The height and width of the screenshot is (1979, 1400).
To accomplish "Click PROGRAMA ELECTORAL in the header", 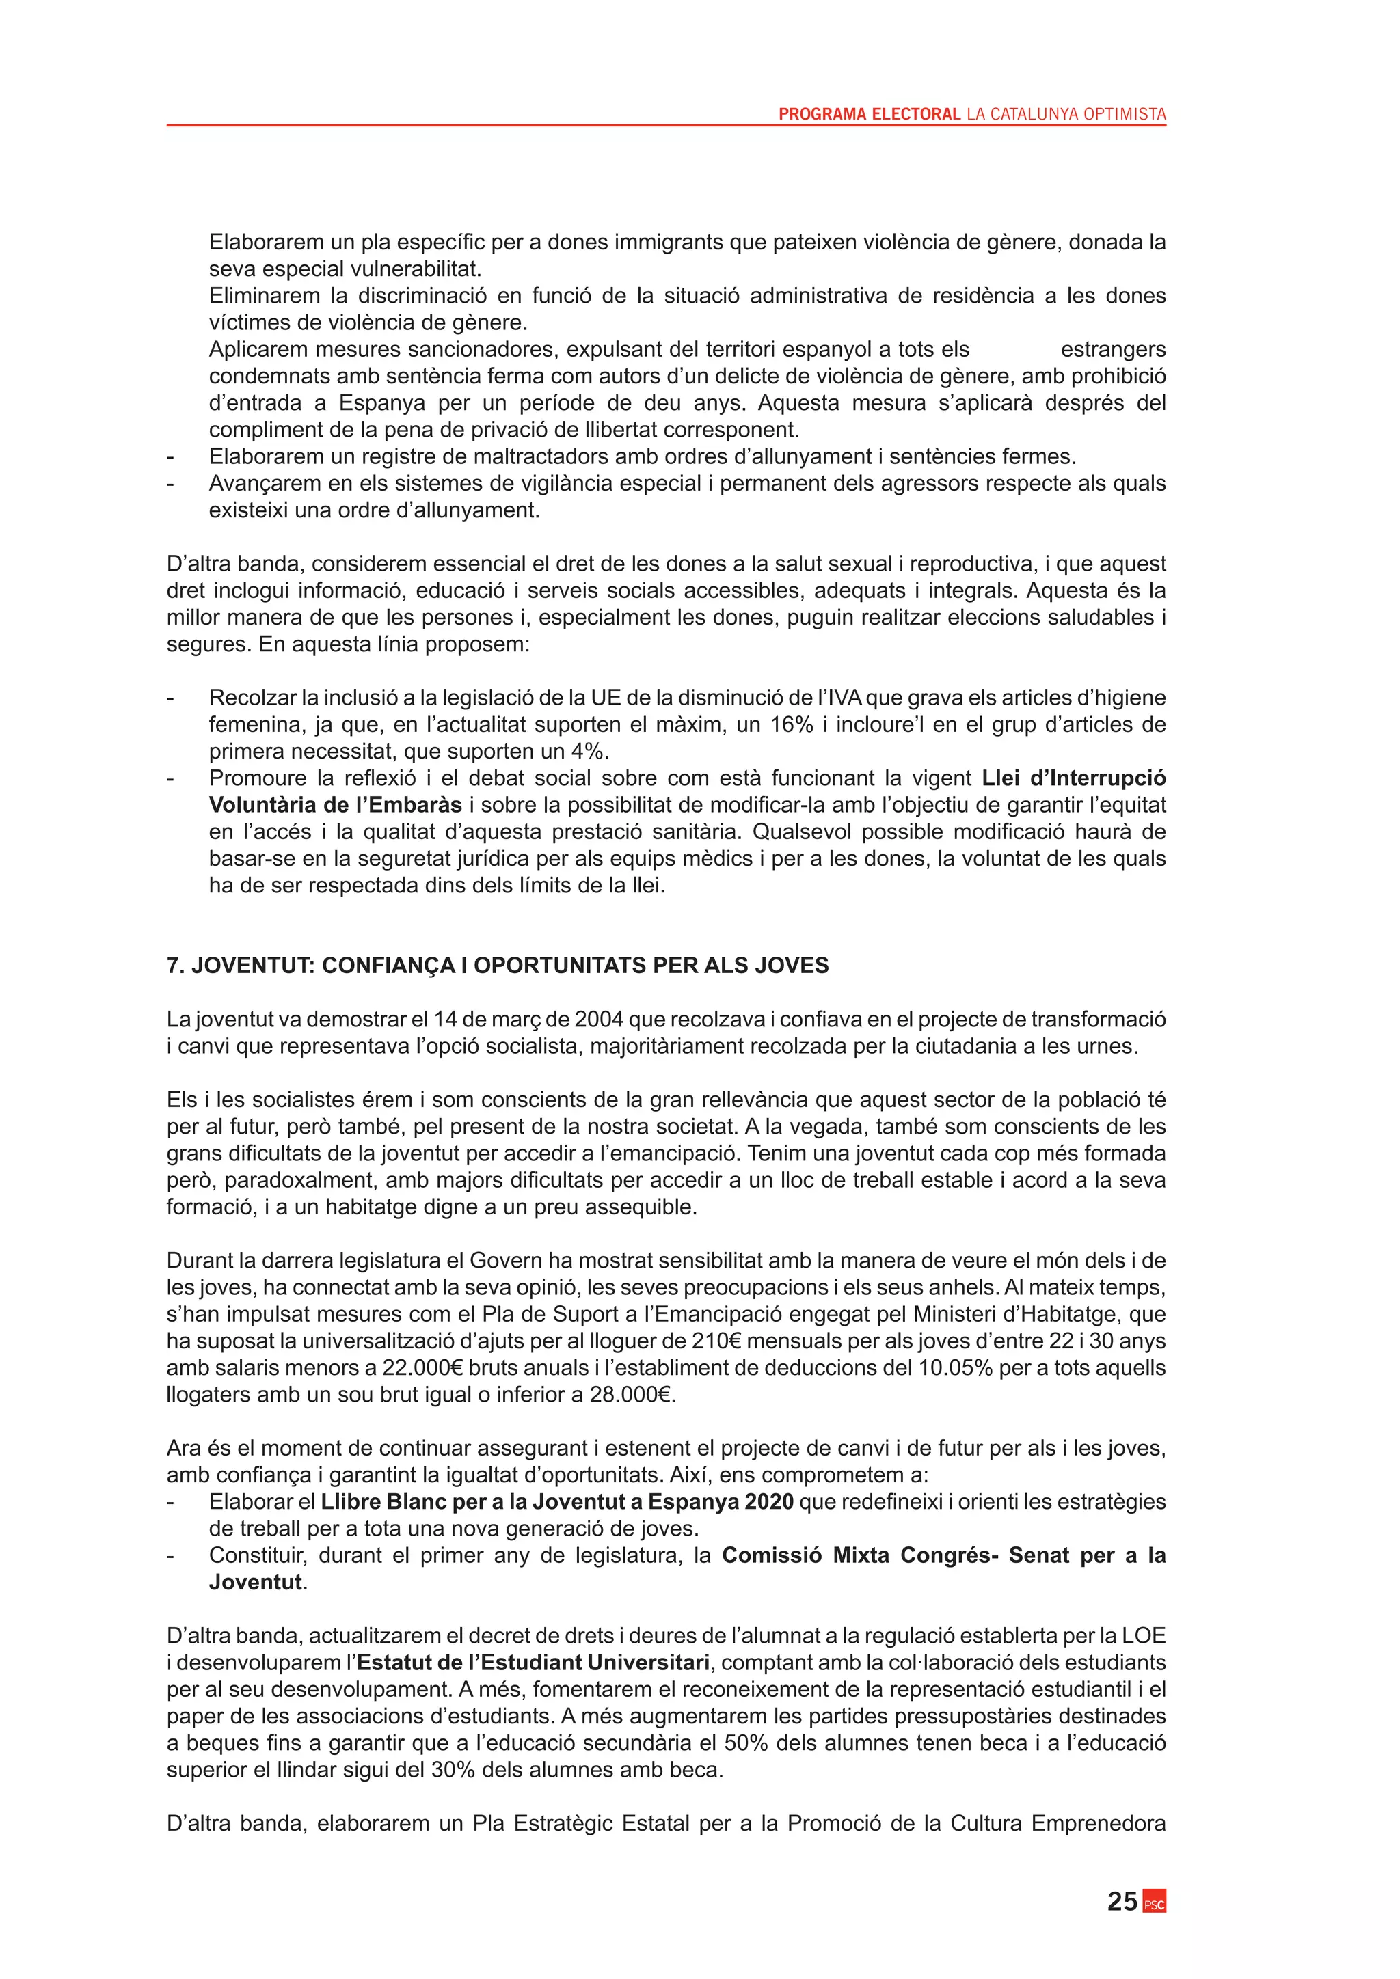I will click(869, 113).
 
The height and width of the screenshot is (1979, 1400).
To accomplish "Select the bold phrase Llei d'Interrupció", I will click(1074, 778).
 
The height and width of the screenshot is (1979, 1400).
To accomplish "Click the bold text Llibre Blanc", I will click(383, 1502).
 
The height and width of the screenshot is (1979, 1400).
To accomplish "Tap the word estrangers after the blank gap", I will click(1113, 350).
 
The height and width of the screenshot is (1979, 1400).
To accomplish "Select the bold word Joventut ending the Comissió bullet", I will click(255, 1583).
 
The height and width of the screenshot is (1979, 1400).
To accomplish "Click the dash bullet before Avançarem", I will click(171, 484).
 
